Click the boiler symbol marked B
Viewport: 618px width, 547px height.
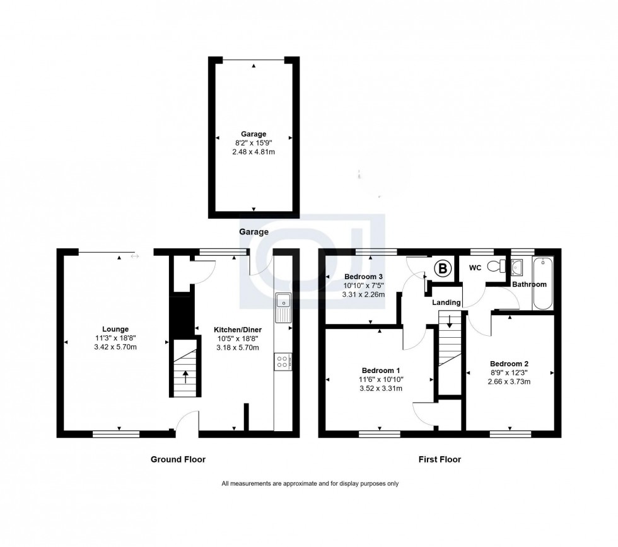tap(443, 269)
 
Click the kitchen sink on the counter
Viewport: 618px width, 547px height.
tap(283, 308)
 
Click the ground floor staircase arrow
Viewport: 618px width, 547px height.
tap(185, 376)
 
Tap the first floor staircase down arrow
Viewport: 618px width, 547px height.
tap(449, 320)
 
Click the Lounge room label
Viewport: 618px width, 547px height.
tap(115, 328)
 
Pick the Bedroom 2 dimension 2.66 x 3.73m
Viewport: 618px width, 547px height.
tap(509, 382)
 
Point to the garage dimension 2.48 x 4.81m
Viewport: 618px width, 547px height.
tap(253, 152)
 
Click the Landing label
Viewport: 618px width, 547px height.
tap(446, 302)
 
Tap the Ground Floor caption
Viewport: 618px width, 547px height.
tap(177, 459)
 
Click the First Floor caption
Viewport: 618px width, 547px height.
tap(440, 459)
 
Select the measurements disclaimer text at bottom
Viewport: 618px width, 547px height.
tap(310, 484)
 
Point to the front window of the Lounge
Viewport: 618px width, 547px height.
tap(116, 433)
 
